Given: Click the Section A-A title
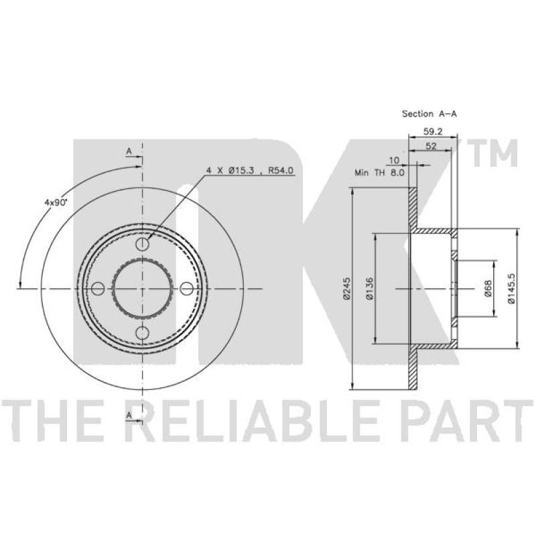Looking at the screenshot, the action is tap(429, 114).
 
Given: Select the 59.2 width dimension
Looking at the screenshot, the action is tap(433, 131).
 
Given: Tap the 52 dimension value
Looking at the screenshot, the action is tap(431, 146).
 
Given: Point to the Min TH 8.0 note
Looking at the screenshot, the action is tap(379, 173).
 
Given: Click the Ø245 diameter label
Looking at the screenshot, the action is tap(346, 289).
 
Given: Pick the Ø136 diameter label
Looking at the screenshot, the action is tap(369, 289).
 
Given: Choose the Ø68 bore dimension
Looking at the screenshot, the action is tap(488, 289).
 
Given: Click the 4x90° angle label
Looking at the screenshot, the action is tap(56, 202).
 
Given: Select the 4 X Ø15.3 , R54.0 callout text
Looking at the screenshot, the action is tap(249, 170).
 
